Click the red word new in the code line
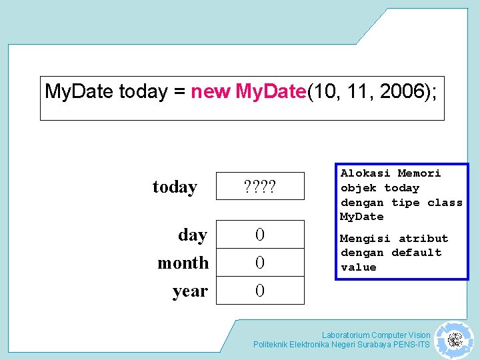pos(211,91)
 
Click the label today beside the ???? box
pos(175,187)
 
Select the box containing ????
pos(260,186)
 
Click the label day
pos(192,235)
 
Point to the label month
pos(183,263)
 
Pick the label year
pos(190,291)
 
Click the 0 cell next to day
pos(260,235)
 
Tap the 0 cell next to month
pos(260,263)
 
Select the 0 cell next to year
pos(260,291)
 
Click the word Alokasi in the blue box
pos(365,173)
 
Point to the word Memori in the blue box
pos(419,173)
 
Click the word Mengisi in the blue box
pos(365,239)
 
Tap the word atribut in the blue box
pos(423,239)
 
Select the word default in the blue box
pos(416,253)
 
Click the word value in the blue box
pos(359,267)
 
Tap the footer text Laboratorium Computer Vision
pos(375,335)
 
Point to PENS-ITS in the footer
pos(411,345)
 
